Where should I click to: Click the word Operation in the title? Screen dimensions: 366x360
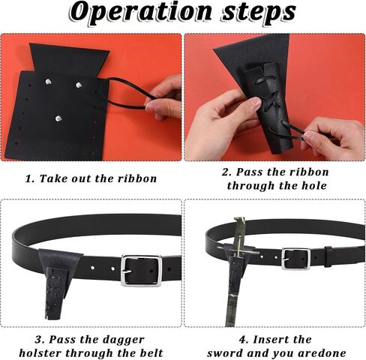point(141,13)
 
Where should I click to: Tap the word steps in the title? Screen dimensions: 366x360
point(259,13)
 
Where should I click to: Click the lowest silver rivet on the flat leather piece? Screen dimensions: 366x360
point(58,118)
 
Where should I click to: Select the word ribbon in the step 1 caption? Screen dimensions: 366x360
point(137,178)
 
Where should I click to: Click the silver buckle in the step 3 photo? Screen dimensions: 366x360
point(141,271)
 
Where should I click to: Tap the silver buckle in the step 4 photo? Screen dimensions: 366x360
point(296,259)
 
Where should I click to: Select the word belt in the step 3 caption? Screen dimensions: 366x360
point(151,353)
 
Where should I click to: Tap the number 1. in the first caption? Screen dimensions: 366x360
point(30,178)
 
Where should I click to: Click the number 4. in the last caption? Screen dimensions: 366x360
point(244,340)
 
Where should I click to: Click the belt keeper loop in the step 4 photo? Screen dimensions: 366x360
point(328,256)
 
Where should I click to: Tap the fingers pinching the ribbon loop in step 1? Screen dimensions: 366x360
point(163,99)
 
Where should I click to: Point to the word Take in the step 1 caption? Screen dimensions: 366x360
point(53,178)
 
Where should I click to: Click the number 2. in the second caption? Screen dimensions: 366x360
point(226,172)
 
